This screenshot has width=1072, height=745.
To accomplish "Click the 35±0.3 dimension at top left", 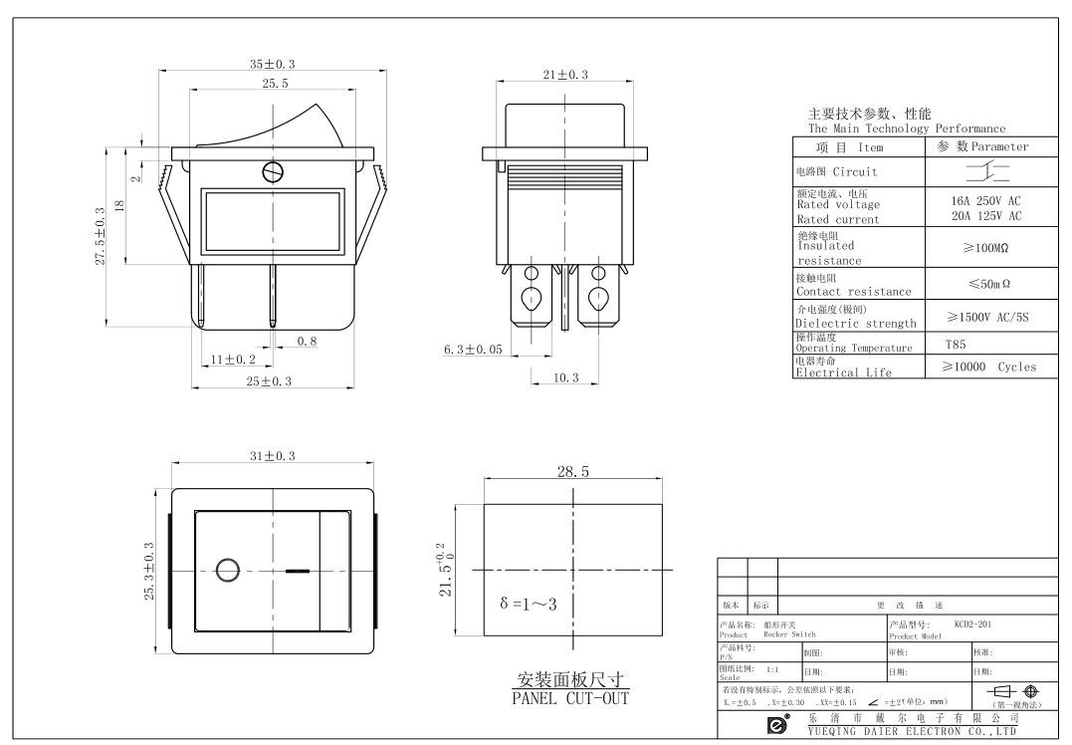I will (x=272, y=64).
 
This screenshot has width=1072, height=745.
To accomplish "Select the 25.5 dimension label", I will (x=276, y=84).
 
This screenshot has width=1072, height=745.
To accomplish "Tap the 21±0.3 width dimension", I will (x=565, y=75).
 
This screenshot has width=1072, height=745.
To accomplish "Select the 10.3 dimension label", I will (x=565, y=377).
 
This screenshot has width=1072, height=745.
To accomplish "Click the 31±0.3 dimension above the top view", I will (x=272, y=455).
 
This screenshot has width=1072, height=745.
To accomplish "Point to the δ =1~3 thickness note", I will (x=529, y=605).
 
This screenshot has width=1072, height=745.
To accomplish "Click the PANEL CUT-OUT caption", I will (x=570, y=697).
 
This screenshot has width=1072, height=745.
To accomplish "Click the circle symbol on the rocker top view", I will (x=227, y=571).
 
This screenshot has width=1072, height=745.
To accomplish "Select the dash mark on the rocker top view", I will (x=297, y=572).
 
